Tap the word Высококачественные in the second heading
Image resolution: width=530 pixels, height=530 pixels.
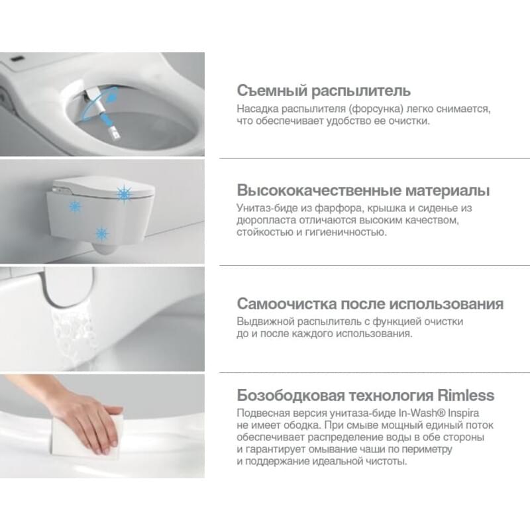[319, 190]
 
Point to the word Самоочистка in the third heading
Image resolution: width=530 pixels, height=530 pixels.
[287, 303]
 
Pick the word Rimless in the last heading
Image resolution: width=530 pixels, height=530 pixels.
[466, 395]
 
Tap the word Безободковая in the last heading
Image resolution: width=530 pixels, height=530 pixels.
[291, 396]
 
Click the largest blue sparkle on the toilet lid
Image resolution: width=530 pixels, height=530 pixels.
[124, 194]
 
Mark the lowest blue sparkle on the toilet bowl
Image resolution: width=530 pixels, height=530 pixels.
[101, 234]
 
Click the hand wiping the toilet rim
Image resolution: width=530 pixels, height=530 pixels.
[91, 419]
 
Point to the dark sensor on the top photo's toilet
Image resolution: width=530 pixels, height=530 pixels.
[17, 60]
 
